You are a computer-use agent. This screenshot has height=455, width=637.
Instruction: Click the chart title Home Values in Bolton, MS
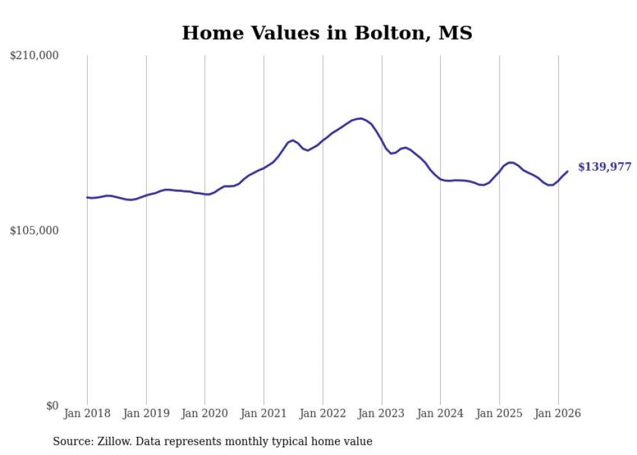point(327,33)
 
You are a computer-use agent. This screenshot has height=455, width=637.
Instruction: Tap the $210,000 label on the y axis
point(34,55)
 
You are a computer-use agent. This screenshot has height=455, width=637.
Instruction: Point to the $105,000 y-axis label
point(34,230)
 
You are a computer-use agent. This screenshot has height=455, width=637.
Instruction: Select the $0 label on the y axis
point(53,406)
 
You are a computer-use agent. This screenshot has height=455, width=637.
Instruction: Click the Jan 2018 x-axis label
point(87,413)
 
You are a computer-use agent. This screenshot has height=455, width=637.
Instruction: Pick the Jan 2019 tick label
point(146,413)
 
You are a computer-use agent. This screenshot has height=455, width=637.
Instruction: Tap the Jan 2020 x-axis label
point(205,413)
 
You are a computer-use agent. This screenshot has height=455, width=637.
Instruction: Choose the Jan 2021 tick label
point(264,413)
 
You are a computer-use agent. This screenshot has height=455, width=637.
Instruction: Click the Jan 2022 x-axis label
point(322,413)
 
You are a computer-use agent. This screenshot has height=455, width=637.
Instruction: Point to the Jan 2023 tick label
point(382,413)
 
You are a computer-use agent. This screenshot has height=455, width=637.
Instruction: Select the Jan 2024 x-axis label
point(440,413)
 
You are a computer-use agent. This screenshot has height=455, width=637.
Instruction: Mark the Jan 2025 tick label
point(499,413)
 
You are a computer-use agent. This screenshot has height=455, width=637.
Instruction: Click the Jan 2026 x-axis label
point(558,413)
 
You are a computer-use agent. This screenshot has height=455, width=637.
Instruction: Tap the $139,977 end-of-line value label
point(605,167)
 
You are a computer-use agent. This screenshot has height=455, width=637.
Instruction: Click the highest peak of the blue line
point(360,118)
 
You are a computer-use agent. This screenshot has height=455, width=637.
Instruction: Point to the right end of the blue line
point(567,171)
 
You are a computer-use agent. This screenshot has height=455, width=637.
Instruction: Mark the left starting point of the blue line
point(87,197)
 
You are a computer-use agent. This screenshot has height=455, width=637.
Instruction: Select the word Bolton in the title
point(391,33)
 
